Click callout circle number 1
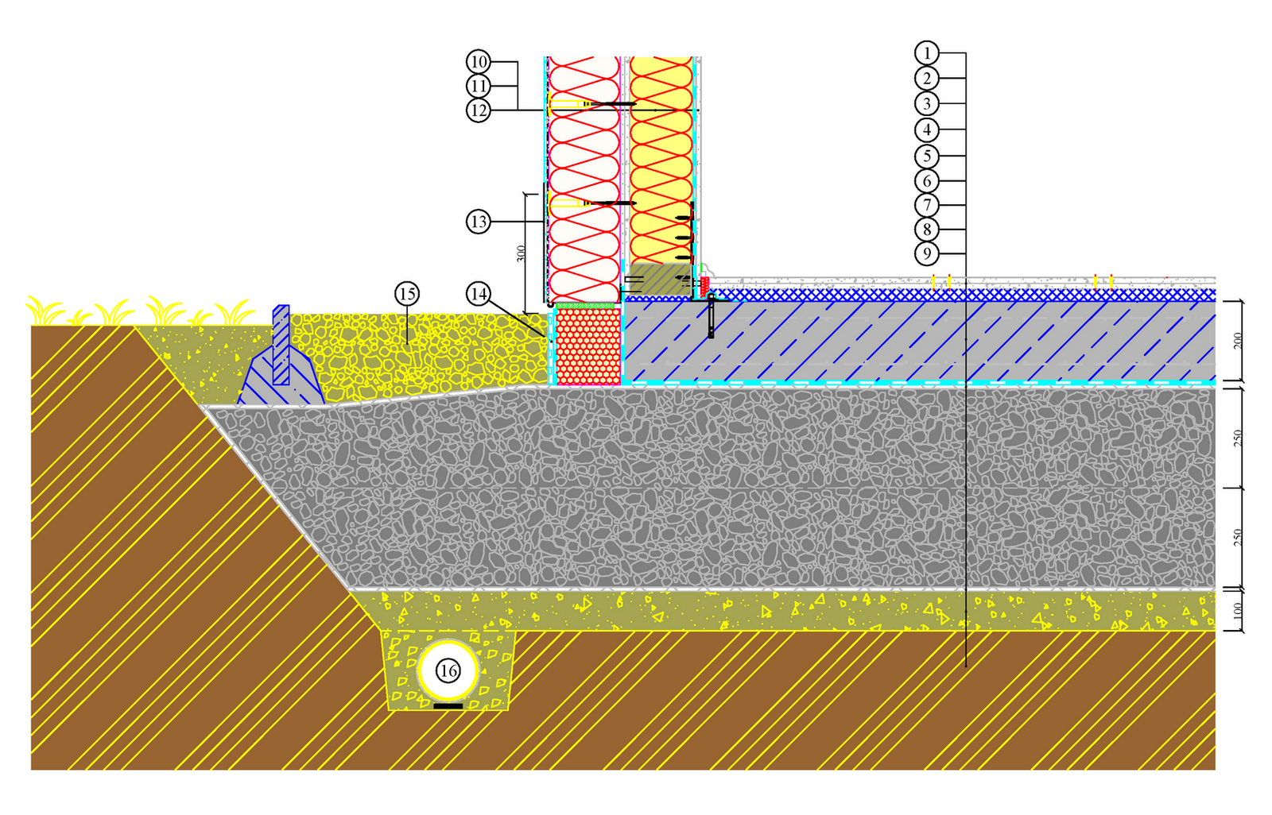(926, 53)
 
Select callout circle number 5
(926, 156)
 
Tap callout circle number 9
(926, 254)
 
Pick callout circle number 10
(478, 62)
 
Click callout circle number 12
(478, 110)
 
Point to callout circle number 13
(478, 222)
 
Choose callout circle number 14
(478, 295)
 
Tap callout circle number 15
(407, 295)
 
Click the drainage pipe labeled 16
(448, 671)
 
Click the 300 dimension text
(521, 253)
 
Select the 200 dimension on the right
(1237, 342)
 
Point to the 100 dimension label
(1237, 611)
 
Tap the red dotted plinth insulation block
(588, 346)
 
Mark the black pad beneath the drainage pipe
(448, 705)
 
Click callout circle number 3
(926, 104)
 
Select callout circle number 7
(926, 205)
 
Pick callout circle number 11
(478, 86)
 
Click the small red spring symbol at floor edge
(704, 283)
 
